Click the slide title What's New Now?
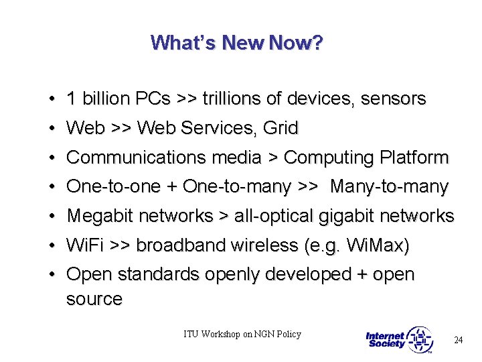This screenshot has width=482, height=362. [237, 43]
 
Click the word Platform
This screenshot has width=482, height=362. [414, 158]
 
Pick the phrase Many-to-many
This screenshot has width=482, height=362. [390, 187]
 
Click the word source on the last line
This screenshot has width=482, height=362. [94, 299]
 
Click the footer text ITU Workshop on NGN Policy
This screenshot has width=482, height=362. [243, 334]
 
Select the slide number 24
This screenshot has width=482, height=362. [458, 340]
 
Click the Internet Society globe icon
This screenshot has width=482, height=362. [420, 340]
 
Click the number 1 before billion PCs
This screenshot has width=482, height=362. [71, 99]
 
